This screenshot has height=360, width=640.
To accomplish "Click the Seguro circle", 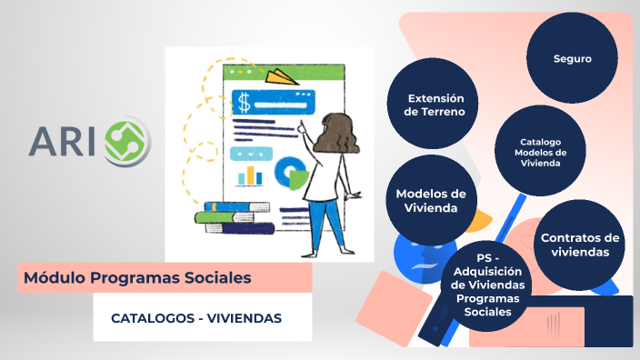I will (x=573, y=58).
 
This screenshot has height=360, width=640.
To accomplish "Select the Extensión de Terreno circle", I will (x=435, y=105).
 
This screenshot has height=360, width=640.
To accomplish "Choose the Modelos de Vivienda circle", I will (x=431, y=200).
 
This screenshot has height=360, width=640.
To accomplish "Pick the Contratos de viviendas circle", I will (x=580, y=244).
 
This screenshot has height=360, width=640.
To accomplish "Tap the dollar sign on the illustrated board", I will (x=244, y=100).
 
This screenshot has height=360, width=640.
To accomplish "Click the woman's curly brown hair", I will (x=334, y=136).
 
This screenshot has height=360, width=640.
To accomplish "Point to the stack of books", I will (x=234, y=217).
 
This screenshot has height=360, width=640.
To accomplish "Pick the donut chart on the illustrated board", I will (x=292, y=171).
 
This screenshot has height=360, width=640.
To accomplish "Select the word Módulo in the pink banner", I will (x=54, y=276).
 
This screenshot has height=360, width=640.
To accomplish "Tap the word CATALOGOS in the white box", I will (x=151, y=318).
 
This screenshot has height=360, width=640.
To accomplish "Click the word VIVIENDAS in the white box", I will (x=244, y=318).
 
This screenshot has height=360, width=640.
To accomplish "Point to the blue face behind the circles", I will (x=414, y=254).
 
